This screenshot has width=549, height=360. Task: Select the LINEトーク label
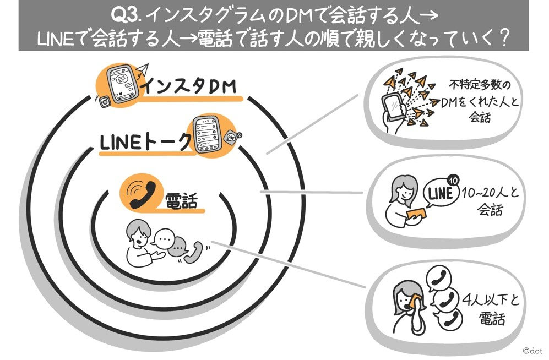(144, 141)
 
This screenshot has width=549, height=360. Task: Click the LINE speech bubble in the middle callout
(441, 194)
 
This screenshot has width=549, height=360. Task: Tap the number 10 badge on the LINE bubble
(453, 180)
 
